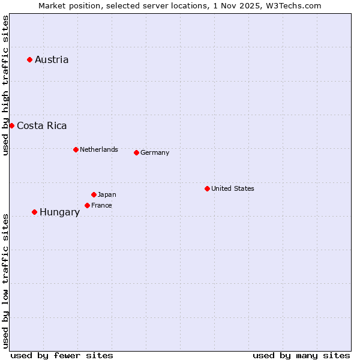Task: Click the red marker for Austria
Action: tap(29, 59)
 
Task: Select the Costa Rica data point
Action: tap(11, 125)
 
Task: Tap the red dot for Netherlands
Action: tap(76, 149)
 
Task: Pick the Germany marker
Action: tap(136, 152)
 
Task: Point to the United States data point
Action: tap(207, 188)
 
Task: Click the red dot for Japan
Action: tap(94, 194)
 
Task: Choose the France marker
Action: tap(87, 205)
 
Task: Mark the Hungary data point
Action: tap(34, 212)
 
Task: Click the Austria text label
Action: tap(52, 59)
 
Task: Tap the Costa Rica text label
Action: tap(42, 125)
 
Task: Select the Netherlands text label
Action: tap(99, 149)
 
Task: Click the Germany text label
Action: tap(155, 152)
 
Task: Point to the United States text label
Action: tap(233, 188)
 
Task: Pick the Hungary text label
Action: tap(59, 212)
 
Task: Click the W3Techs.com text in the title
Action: tap(294, 5)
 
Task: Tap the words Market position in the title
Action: tap(67, 5)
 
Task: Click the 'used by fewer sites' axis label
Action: tap(62, 355)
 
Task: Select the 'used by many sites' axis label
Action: tap(301, 355)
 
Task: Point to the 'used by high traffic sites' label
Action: tap(5, 85)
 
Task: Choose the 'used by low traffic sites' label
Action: tap(5, 281)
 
